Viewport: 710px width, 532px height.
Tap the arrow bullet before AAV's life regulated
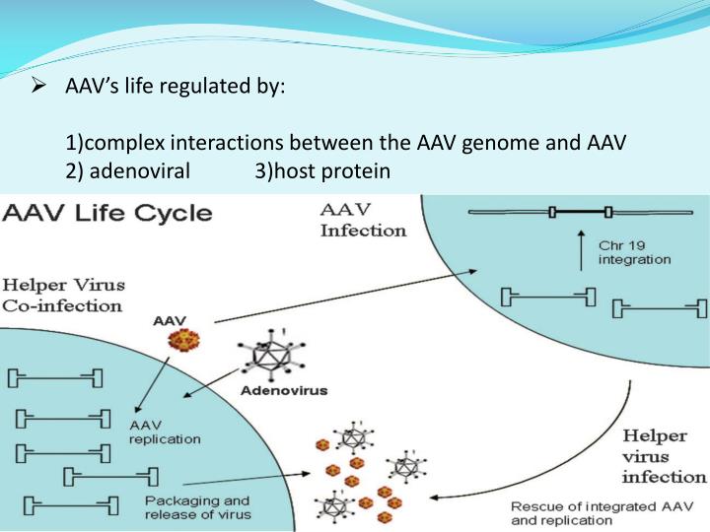(40, 86)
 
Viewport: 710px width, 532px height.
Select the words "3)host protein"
(322, 171)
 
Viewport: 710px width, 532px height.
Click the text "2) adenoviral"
(128, 171)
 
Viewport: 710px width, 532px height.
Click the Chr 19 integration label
(634, 252)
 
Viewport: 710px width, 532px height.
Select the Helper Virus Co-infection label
(64, 295)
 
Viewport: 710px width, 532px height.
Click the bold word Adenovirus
(284, 390)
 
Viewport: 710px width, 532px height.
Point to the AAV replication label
(166, 431)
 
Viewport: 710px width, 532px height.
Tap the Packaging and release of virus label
(197, 506)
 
